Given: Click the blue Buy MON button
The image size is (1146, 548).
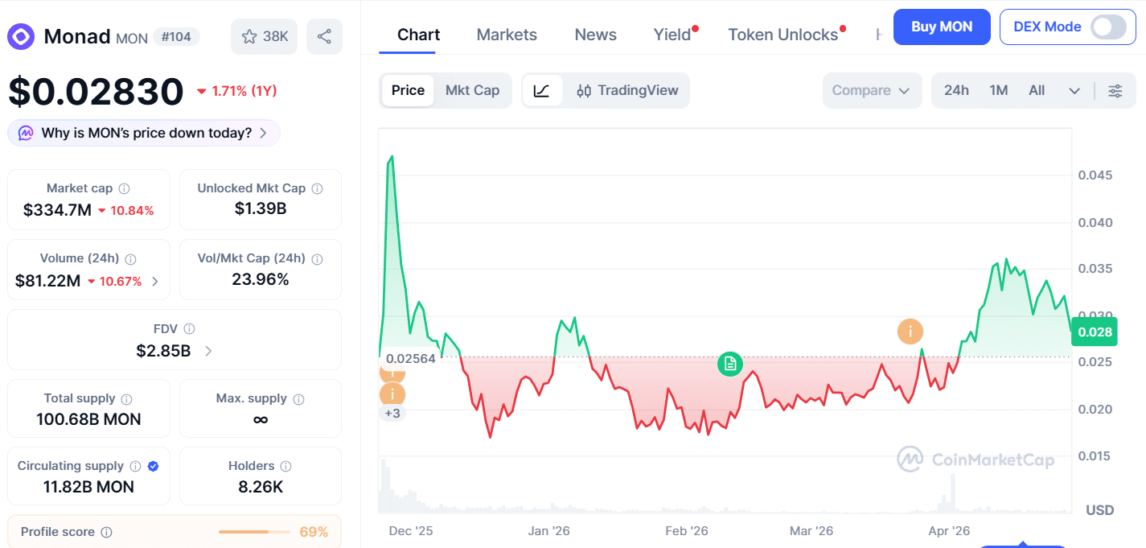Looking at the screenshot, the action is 942,27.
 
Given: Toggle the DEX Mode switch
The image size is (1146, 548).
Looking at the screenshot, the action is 1108,27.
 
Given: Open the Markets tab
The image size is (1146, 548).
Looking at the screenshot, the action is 507,35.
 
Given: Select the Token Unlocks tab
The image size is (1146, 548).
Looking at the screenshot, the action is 782,35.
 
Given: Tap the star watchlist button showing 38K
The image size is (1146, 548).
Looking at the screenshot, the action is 264,36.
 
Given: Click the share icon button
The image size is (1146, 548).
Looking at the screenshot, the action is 324,36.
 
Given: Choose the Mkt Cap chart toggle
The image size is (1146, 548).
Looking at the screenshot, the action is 472,90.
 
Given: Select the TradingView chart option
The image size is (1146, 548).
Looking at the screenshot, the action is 627,91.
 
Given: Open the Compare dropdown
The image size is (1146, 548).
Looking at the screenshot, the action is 871,91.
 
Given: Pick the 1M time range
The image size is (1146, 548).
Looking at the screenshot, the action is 999,91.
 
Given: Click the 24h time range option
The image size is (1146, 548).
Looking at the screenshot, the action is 956,91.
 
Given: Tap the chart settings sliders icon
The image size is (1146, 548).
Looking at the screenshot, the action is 1115,91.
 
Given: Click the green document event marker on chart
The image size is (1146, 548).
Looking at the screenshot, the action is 730,365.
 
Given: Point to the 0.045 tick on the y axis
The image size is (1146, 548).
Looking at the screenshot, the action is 1095,175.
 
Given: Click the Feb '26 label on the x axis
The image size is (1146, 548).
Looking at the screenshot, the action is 687,530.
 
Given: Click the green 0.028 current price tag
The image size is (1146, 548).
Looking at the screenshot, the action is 1095,332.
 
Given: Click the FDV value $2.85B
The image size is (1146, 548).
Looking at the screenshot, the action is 163,351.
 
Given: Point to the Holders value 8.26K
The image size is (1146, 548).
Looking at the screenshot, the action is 261,487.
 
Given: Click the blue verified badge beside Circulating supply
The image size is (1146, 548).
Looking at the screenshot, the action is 153,466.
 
